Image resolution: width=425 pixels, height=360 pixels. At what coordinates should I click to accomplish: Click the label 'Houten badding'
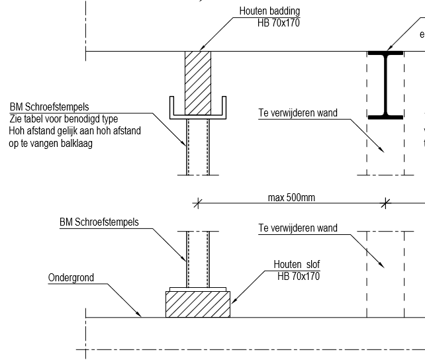pyautogui.click(x=269, y=11)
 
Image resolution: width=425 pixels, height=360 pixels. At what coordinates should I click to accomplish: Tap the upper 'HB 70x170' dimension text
pyautogui.click(x=279, y=22)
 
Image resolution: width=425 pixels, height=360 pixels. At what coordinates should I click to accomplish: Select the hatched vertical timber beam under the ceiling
pyautogui.click(x=198, y=83)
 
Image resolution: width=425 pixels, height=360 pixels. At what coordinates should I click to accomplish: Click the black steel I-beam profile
pyautogui.click(x=385, y=85)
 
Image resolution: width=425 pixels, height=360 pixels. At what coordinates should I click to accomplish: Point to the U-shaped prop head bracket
pyautogui.click(x=198, y=116)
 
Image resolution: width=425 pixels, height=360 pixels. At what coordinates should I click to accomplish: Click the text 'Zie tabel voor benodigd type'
pyautogui.click(x=64, y=119)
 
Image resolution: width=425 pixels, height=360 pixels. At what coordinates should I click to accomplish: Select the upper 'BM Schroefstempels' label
pyautogui.click(x=50, y=107)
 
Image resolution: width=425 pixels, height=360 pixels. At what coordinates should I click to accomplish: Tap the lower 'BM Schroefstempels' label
pyautogui.click(x=99, y=222)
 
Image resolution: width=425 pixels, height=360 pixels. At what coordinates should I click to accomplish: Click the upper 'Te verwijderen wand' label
pyautogui.click(x=298, y=112)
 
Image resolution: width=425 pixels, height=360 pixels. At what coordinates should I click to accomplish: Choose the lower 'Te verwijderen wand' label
pyautogui.click(x=298, y=228)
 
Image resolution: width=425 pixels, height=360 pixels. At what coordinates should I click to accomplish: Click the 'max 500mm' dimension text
pyautogui.click(x=291, y=197)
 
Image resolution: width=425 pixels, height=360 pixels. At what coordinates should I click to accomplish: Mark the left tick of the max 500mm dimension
pyautogui.click(x=198, y=203)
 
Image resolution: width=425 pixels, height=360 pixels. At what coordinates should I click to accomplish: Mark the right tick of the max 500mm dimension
pyautogui.click(x=385, y=203)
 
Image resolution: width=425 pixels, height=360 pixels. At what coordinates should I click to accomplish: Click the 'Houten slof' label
pyautogui.click(x=297, y=264)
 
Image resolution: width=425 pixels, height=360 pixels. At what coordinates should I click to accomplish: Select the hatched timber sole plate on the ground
pyautogui.click(x=198, y=304)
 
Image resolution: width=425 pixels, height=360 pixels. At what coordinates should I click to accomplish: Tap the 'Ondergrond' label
pyautogui.click(x=71, y=278)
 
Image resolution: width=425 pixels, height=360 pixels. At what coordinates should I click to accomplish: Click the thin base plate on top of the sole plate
pyautogui.click(x=198, y=289)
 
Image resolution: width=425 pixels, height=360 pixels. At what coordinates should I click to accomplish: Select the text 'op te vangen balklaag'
pyautogui.click(x=51, y=144)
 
